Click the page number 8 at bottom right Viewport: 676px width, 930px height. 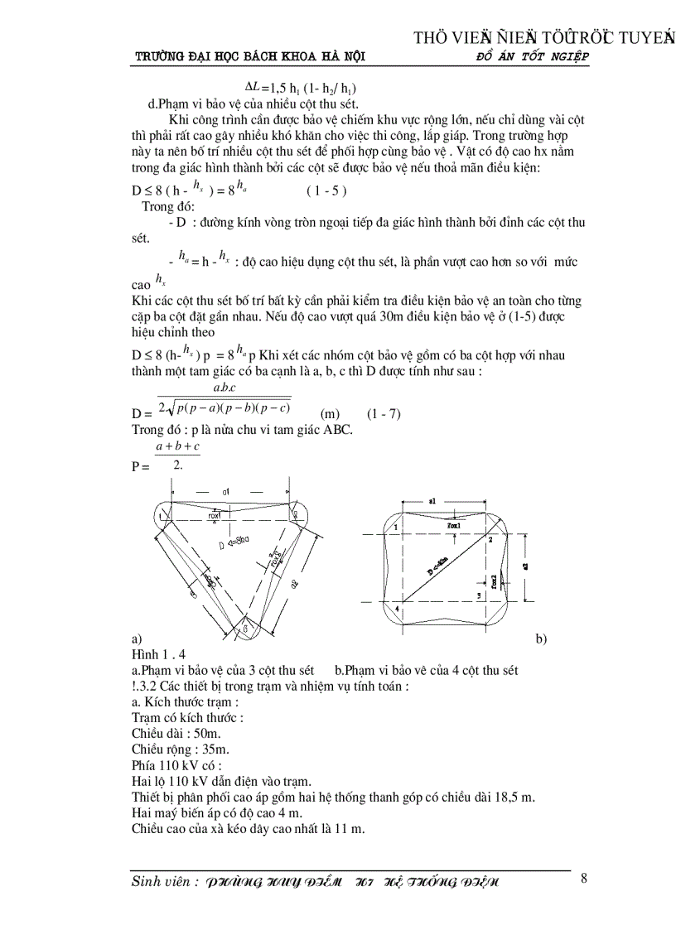coord(584,879)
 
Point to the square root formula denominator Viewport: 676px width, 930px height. coord(224,407)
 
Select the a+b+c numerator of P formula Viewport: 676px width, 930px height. coord(177,447)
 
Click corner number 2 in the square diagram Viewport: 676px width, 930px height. coord(490,539)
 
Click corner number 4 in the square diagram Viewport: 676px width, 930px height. coord(396,610)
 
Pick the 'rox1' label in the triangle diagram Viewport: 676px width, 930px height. coord(220,514)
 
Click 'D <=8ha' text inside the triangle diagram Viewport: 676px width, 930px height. coord(234,544)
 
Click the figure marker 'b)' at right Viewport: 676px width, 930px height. coord(541,639)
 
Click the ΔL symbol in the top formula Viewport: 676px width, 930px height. coord(253,85)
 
